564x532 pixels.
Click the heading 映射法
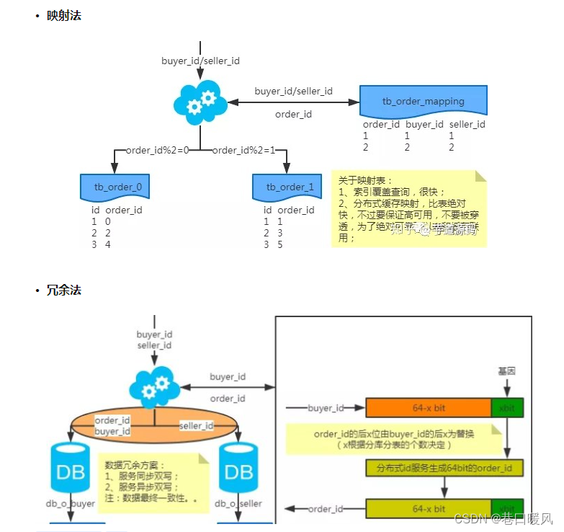(63, 15)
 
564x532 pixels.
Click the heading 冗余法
(63, 290)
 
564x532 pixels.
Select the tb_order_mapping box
(423, 102)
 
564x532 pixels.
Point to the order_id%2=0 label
(157, 150)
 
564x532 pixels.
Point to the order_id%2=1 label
(243, 150)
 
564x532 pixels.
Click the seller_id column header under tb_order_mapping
(467, 124)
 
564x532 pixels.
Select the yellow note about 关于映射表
(408, 209)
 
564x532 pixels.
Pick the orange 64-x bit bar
(429, 408)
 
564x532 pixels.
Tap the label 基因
(506, 370)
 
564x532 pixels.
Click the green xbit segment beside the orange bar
(507, 408)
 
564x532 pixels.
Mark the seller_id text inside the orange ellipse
(196, 426)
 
